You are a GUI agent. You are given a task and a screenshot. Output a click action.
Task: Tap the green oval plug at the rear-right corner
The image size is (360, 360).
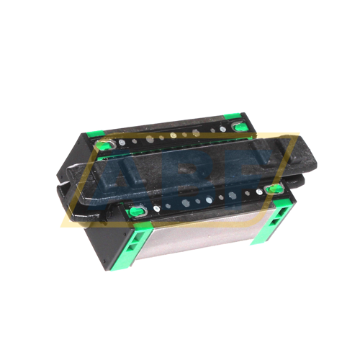click(x=238, y=127)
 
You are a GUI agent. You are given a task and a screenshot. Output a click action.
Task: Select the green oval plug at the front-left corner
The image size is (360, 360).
click(x=135, y=211)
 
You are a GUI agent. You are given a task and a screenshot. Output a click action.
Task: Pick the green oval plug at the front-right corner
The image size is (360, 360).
click(x=273, y=189)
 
